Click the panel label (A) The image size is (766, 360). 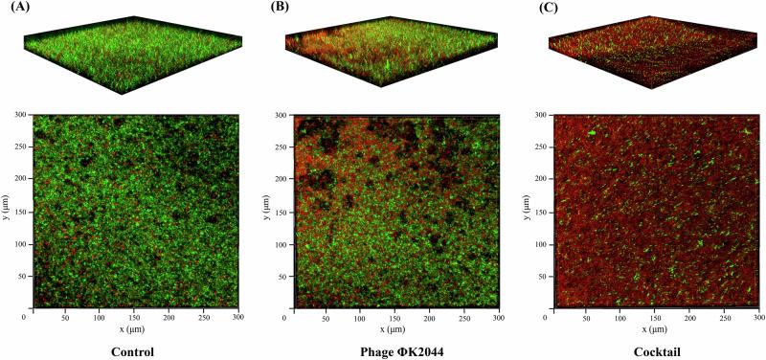17,7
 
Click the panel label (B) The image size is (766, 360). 280,7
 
